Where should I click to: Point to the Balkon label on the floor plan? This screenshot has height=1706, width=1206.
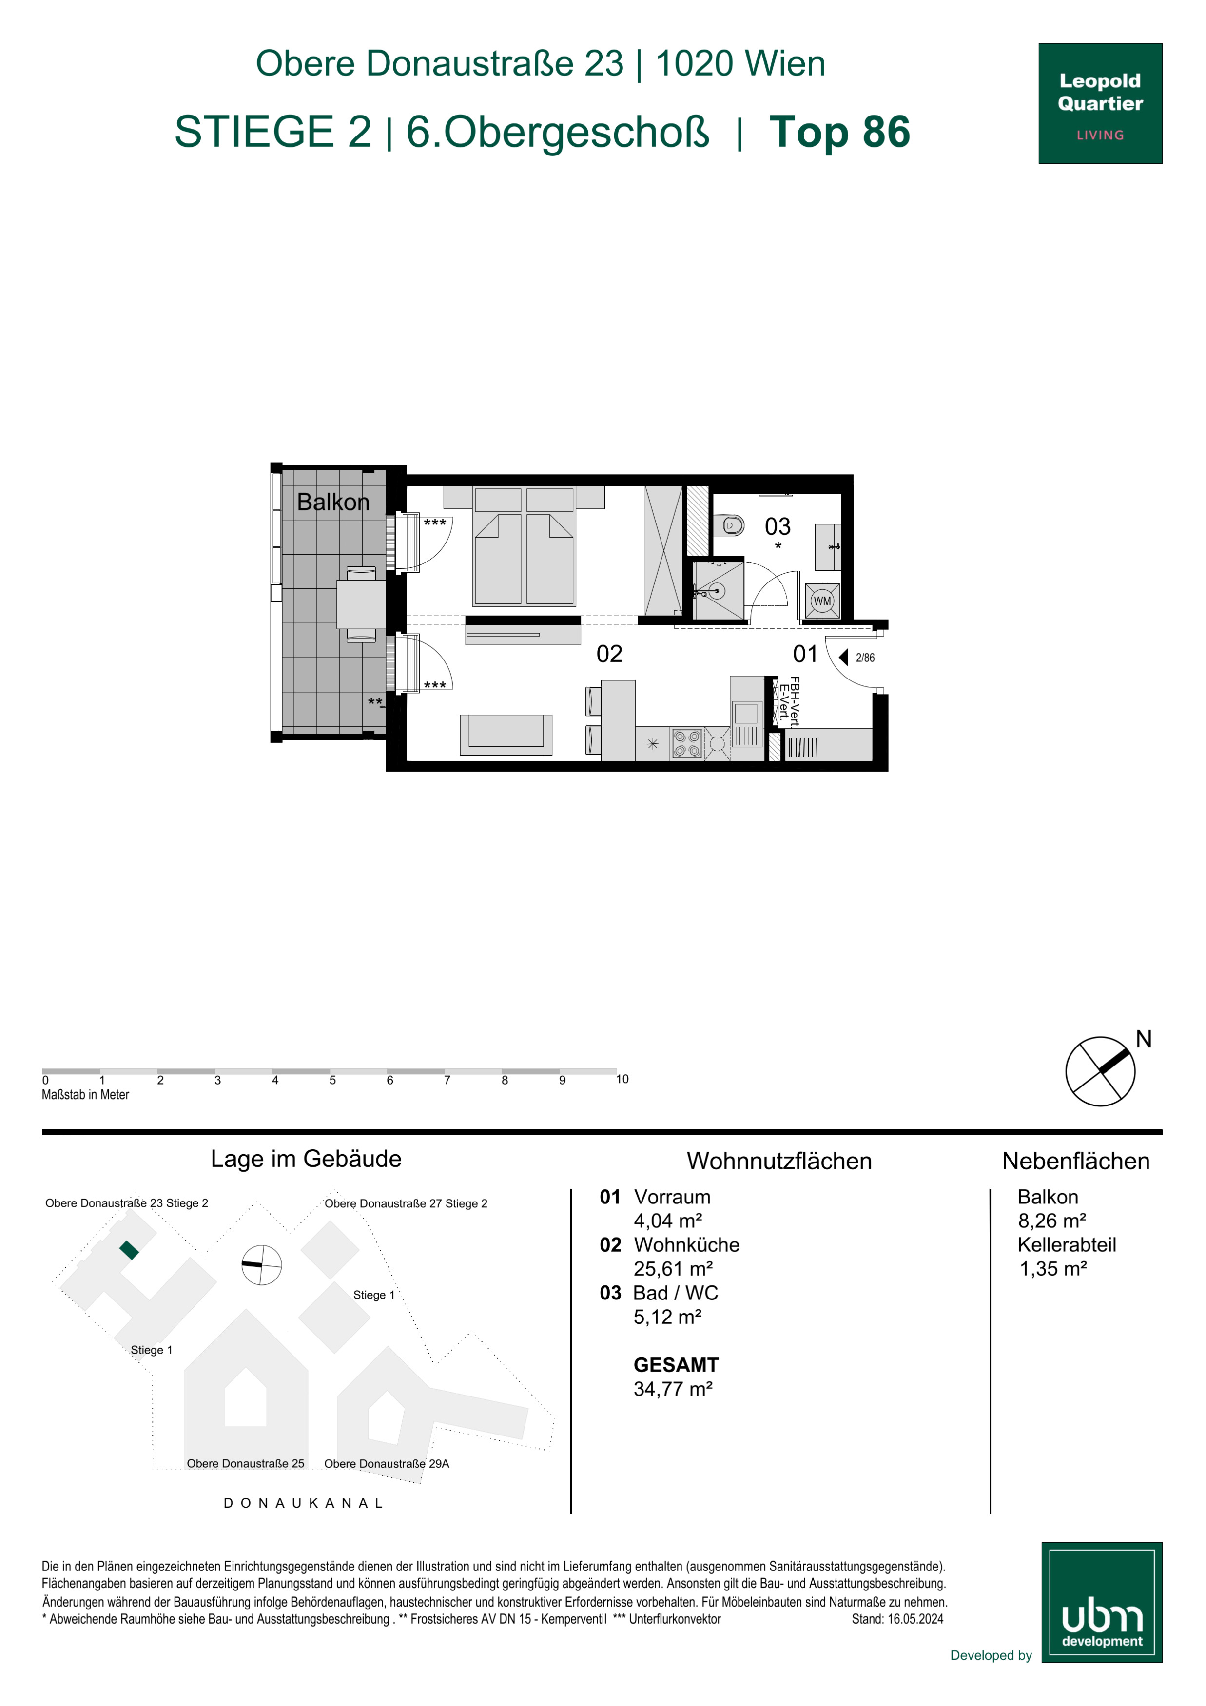point(333,502)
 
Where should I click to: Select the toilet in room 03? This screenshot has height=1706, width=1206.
point(730,526)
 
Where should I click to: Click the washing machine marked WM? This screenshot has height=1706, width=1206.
point(822,601)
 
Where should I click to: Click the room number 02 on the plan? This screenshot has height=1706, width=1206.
point(609,654)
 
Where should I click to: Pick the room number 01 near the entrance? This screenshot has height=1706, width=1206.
point(805,654)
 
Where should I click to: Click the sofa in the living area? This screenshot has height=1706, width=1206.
point(506,734)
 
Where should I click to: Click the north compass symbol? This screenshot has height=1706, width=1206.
point(1101,1071)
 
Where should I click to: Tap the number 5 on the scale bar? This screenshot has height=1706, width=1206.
point(332,1080)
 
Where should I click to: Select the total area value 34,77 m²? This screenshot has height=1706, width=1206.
point(673,1389)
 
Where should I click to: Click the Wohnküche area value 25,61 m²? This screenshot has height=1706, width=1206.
point(673,1268)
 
